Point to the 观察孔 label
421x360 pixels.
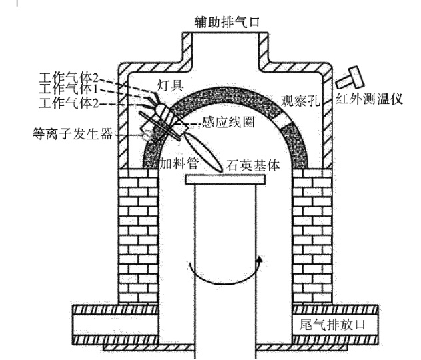point(296,104)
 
